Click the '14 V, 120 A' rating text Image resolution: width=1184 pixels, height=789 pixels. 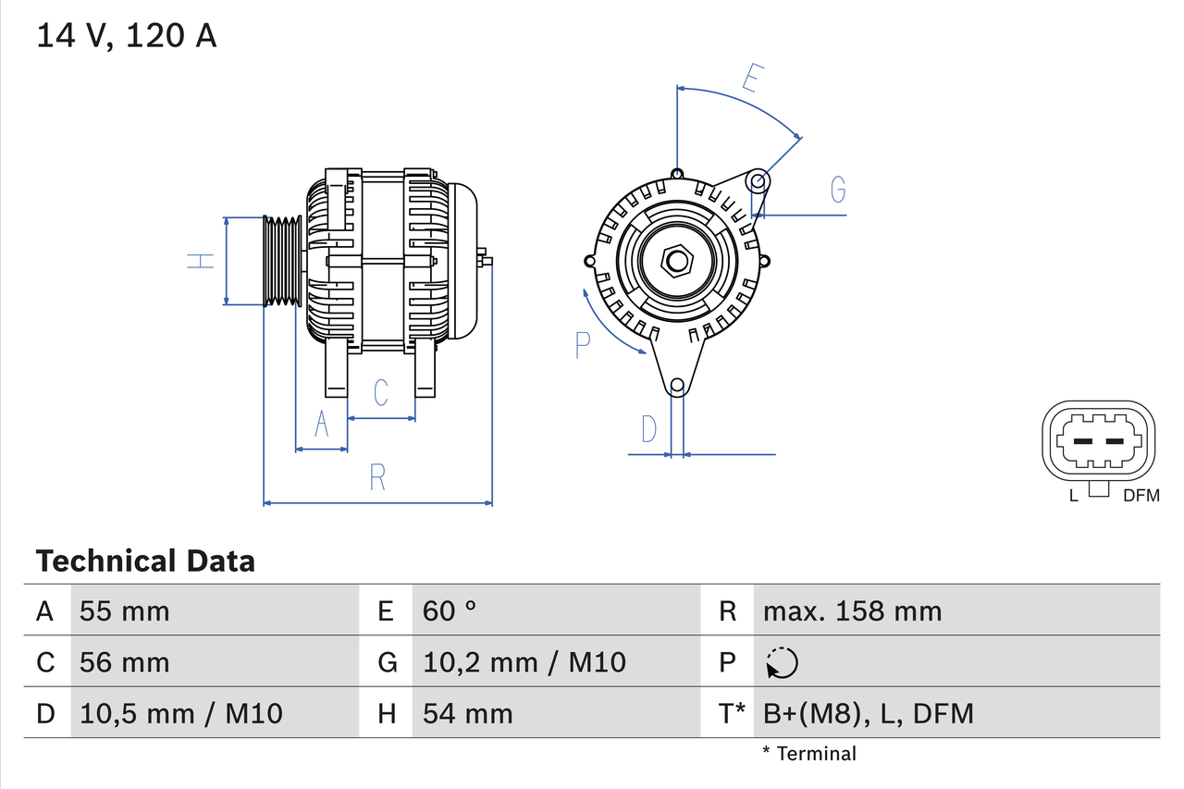tap(127, 36)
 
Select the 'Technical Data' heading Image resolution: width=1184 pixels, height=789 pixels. tap(145, 561)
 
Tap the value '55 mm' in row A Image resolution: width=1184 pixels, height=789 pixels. tap(124, 610)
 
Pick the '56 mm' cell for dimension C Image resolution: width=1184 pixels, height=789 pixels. tap(124, 662)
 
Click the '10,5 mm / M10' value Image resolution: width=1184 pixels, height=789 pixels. tap(180, 713)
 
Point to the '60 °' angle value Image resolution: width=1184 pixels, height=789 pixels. tap(450, 610)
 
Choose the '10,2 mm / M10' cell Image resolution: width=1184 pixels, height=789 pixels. tap(524, 662)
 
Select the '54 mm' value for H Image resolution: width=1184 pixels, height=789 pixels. tap(467, 713)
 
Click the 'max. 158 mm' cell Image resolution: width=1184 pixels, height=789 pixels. tap(852, 610)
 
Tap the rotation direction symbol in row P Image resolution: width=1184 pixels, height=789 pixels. tap(782, 662)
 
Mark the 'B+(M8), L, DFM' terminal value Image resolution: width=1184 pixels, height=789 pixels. tap(868, 713)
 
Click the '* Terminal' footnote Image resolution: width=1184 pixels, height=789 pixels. tap(809, 754)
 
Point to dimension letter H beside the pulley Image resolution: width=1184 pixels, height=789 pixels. tap(201, 261)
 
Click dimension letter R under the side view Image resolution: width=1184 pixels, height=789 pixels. tap(377, 477)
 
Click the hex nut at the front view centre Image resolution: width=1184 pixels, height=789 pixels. tap(677, 261)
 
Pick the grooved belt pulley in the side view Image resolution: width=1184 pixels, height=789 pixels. tap(283, 262)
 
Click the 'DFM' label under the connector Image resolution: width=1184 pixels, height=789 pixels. tap(1141, 496)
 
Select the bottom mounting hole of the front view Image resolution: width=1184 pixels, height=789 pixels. tap(677, 385)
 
